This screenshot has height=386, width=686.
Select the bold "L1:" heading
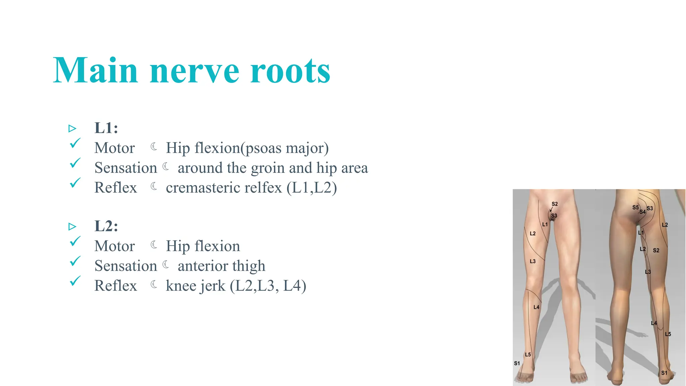click(106, 128)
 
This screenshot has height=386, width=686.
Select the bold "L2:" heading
click(106, 226)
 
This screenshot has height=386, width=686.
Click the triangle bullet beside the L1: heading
click(72, 128)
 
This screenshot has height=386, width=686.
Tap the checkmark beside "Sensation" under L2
click(75, 261)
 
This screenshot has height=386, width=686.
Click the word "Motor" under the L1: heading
click(115, 148)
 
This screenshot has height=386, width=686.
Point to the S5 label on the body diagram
click(635, 207)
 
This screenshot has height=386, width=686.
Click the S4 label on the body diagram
click(642, 212)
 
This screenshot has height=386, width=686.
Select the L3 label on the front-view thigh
click(533, 261)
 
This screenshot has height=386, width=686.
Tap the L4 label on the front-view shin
click(536, 307)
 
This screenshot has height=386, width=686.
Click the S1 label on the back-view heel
click(664, 373)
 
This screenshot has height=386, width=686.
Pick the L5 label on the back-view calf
click(668, 334)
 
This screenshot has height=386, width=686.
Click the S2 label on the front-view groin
click(555, 204)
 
